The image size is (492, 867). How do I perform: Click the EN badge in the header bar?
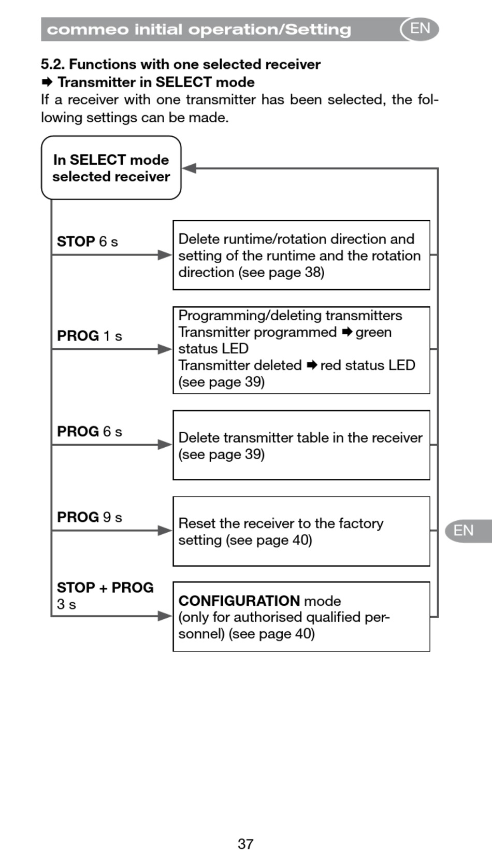point(419,29)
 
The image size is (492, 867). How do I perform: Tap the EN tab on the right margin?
point(464,531)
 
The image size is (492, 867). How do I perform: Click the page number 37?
point(245,844)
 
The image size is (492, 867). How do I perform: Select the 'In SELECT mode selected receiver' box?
point(111,168)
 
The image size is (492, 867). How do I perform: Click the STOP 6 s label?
point(88,241)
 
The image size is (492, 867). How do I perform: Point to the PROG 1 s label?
point(89,336)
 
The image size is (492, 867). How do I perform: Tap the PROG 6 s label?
point(89,431)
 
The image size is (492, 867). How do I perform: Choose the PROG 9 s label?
point(89,517)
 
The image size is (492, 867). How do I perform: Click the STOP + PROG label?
point(105,588)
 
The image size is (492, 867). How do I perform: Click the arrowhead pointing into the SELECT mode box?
point(189,168)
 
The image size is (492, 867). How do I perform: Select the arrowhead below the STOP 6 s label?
point(165,254)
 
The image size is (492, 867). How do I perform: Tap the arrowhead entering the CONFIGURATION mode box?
point(165,616)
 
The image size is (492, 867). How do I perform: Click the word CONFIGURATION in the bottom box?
point(239,601)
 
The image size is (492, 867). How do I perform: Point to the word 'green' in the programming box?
point(373,332)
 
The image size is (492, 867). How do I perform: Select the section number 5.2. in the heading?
point(53,64)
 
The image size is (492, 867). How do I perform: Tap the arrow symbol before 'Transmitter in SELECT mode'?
point(47,82)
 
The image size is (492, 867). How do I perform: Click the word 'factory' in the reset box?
point(360,523)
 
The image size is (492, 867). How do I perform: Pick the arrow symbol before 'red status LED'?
point(312,365)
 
